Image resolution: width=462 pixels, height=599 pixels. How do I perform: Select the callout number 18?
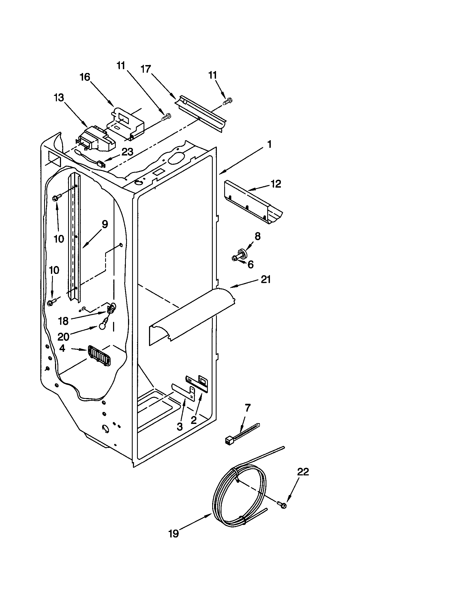point(63,321)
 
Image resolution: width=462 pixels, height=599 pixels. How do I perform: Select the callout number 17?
point(146,69)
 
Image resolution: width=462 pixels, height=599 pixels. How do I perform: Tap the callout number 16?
point(85,77)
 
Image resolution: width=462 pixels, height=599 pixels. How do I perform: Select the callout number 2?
point(194,420)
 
